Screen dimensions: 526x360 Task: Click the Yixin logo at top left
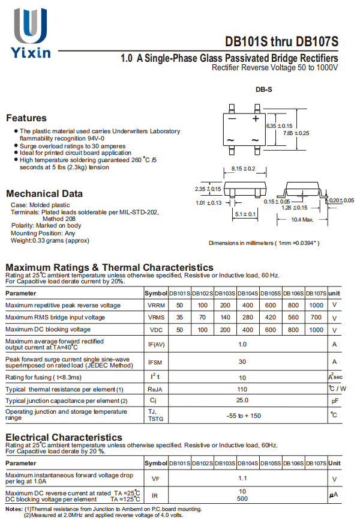pos(29,33)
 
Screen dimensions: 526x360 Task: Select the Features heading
pos(26,118)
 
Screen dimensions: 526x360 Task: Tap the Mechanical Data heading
pos(44,193)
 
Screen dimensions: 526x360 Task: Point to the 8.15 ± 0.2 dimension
pos(243,168)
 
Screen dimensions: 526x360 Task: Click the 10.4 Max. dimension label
pos(302,220)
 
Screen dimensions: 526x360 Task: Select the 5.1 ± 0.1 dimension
pos(245,214)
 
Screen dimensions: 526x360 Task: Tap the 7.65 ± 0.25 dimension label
pos(296,133)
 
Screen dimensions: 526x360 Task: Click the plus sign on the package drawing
pos(255,119)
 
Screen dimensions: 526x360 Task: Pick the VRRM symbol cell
pos(156,305)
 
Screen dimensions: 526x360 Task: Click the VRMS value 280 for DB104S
pos(247,318)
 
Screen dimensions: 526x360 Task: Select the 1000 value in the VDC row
pos(316,330)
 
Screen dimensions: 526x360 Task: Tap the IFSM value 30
pos(242,361)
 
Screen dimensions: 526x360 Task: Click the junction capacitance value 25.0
pos(242,400)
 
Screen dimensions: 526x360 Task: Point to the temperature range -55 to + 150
pos(243,416)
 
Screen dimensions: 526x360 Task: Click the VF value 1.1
pos(242,479)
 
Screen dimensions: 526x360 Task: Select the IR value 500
pos(242,499)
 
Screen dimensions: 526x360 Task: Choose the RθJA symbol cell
pos(156,389)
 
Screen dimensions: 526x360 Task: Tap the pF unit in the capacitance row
pos(334,401)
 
